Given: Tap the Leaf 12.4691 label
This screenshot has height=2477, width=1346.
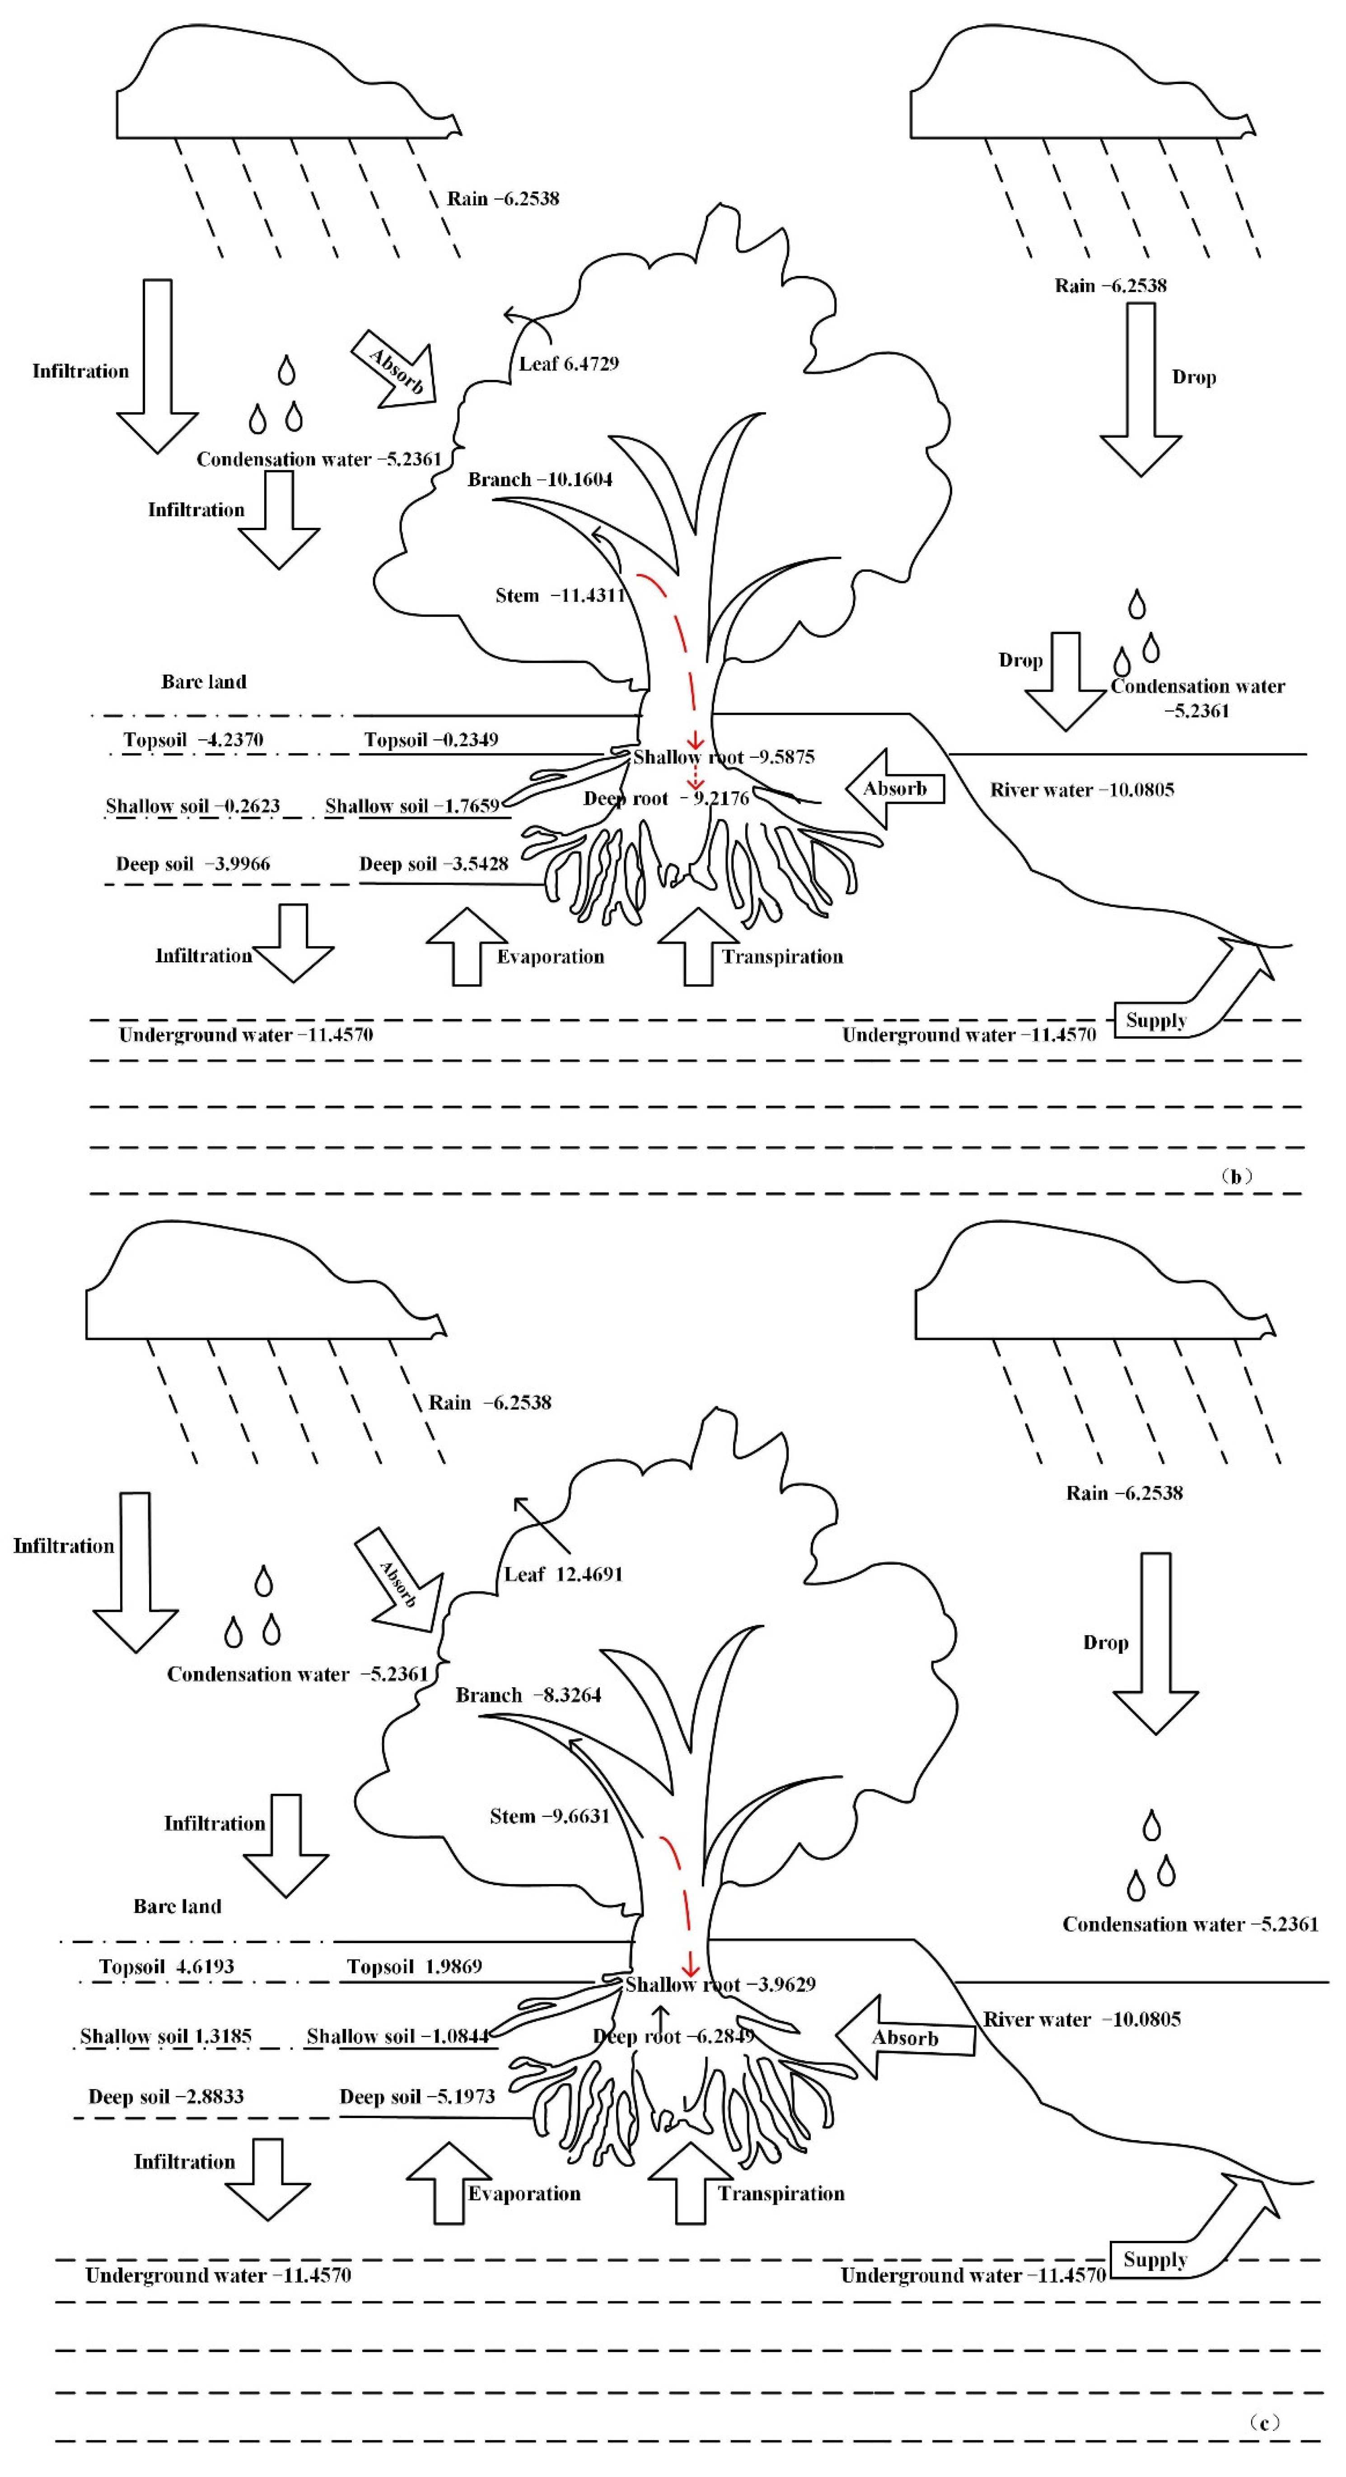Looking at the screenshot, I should [x=563, y=1574].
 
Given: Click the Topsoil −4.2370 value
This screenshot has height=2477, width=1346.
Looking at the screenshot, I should [x=193, y=739].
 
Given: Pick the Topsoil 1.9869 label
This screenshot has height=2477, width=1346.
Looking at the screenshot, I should [x=414, y=1966].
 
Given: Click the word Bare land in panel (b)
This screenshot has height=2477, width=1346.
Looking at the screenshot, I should [x=204, y=682].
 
